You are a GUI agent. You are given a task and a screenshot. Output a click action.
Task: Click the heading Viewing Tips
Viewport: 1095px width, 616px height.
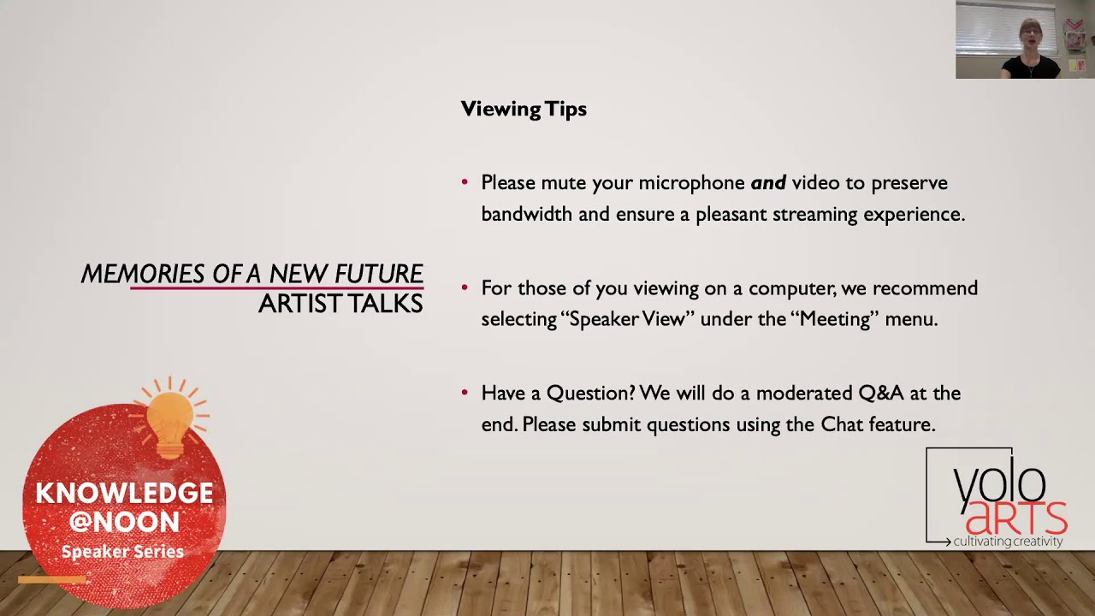[524, 110]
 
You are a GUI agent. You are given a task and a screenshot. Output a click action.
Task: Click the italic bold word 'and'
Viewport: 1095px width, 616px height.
[767, 183]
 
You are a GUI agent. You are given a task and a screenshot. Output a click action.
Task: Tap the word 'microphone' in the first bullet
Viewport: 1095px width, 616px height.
[691, 183]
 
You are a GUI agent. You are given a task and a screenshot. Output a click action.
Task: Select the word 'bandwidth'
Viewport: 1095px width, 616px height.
[526, 214]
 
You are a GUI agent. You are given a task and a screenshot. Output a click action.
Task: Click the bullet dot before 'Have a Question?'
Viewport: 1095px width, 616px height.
[465, 393]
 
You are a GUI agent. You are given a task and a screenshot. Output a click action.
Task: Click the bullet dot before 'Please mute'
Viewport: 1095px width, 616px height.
[465, 182]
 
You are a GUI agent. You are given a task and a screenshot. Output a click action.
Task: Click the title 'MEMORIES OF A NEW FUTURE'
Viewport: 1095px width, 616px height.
[252, 274]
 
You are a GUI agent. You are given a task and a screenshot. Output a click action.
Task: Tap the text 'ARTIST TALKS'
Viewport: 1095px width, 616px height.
[340, 304]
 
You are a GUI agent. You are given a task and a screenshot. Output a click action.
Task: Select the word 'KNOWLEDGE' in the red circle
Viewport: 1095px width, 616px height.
[124, 494]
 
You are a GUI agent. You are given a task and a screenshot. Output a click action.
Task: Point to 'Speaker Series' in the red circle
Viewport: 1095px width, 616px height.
[122, 552]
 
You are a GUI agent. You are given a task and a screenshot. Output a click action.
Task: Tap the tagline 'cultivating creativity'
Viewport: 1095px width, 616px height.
[1008, 542]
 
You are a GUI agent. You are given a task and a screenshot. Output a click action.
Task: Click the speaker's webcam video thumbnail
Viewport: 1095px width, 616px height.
[1025, 39]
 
